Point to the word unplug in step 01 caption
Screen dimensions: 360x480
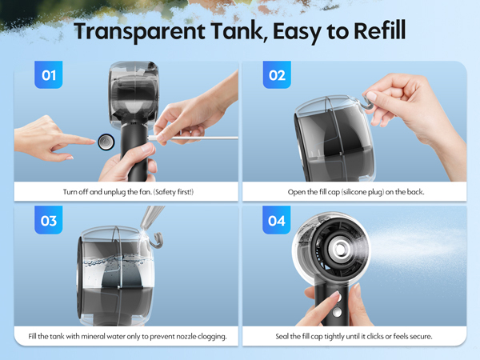tap(108, 193)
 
